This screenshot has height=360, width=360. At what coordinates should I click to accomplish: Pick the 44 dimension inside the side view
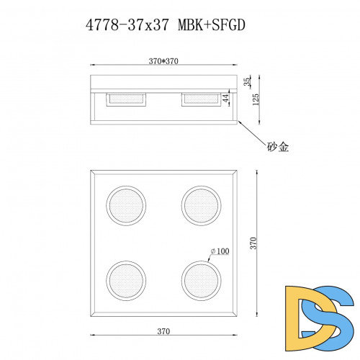[x=225, y=98]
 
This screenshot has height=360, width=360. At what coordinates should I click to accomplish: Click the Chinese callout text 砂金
[x=278, y=146]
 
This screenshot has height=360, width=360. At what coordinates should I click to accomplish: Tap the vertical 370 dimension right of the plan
[x=252, y=243]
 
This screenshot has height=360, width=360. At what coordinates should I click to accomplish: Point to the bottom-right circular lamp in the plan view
[x=200, y=279]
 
